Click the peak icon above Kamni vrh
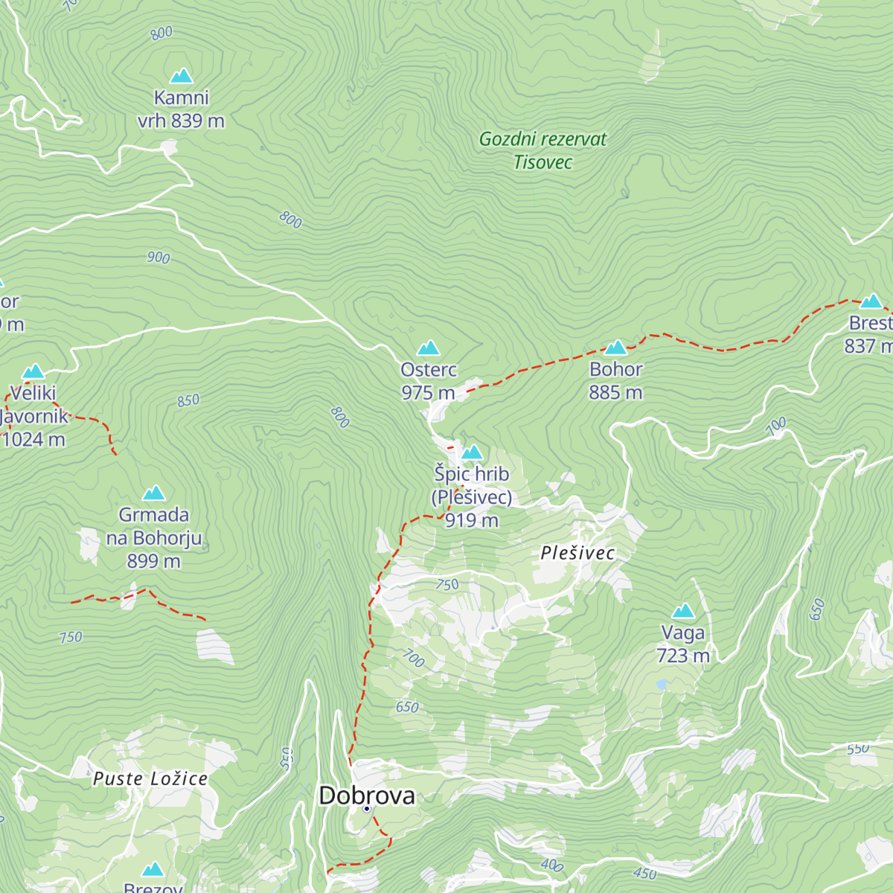181,76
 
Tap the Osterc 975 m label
428,381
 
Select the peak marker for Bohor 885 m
616,348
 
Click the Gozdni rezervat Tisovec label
542,150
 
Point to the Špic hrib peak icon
472,452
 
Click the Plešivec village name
577,553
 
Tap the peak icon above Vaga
682,612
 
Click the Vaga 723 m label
682,644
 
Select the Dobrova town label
367,796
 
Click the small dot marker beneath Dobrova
367,808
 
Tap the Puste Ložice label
150,779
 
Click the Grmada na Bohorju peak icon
154,493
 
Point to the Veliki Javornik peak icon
33,371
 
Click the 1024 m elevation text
34,440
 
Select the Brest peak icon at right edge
871,301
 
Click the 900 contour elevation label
159,257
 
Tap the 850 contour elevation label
188,400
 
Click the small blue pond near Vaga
661,683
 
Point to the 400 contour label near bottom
551,865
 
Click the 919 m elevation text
472,521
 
